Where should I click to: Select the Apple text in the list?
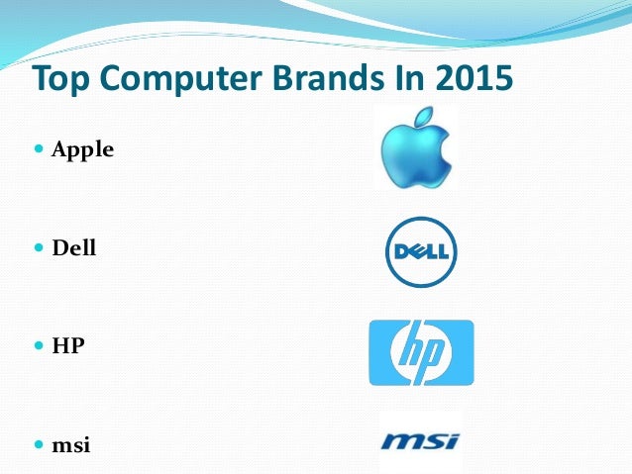pyautogui.click(x=83, y=150)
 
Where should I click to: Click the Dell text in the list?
pyautogui.click(x=74, y=247)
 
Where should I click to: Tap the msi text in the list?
pyautogui.click(x=71, y=444)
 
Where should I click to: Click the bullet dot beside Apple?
pyautogui.click(x=39, y=149)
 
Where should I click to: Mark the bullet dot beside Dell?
pyautogui.click(x=39, y=246)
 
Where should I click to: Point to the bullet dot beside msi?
pyautogui.click(x=39, y=443)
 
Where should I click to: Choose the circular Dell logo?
pyautogui.click(x=421, y=251)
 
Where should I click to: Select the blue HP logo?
pyautogui.click(x=421, y=352)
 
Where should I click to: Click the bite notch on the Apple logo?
pyautogui.click(x=447, y=150)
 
